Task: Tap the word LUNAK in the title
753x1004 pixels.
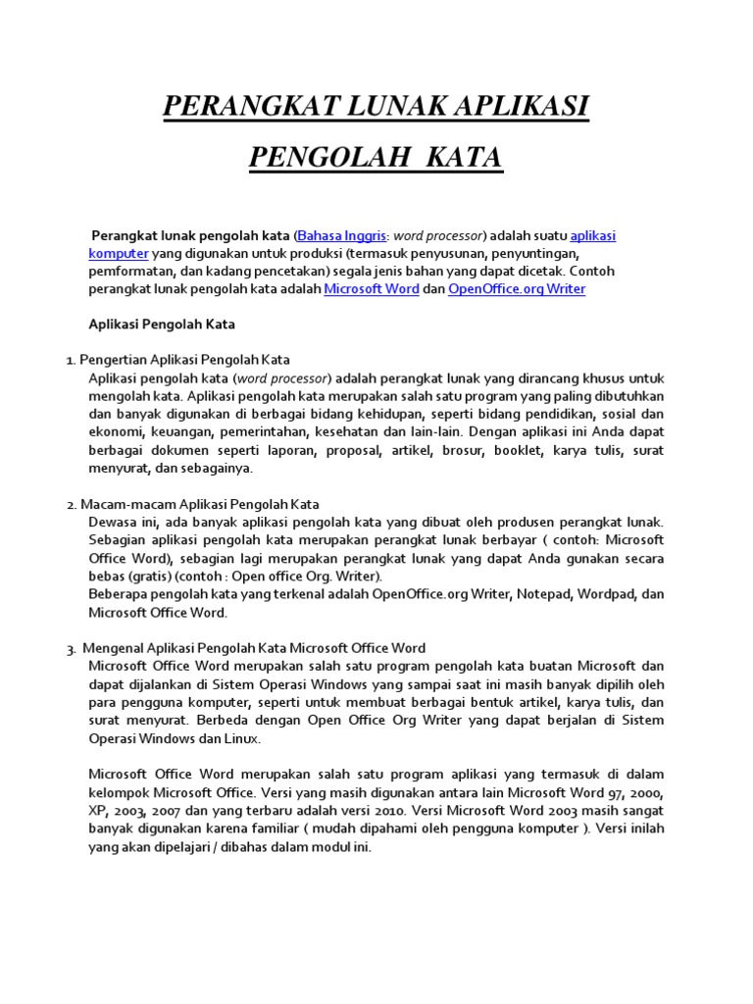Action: click(375, 107)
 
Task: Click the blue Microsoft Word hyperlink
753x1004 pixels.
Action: click(372, 289)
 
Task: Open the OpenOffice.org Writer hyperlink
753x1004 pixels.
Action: click(517, 289)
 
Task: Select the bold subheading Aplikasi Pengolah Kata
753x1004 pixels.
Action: click(162, 324)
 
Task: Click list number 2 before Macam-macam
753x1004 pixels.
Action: click(72, 505)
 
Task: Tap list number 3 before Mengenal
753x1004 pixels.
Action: click(72, 649)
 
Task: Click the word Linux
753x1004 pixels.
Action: click(240, 738)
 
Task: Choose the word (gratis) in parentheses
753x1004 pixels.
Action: click(148, 576)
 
